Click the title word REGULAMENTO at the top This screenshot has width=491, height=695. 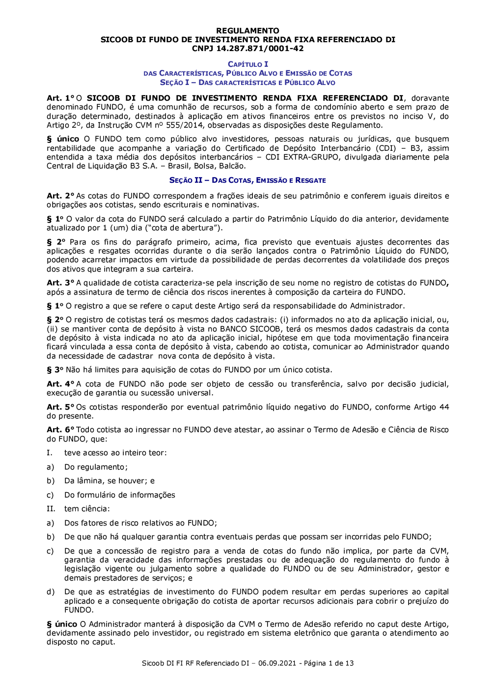click(247, 30)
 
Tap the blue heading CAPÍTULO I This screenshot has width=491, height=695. click(248, 64)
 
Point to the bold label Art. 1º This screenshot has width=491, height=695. click(60, 98)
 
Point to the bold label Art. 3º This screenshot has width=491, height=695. click(60, 283)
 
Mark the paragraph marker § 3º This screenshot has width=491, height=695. click(55, 370)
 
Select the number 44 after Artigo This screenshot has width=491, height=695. click(444, 407)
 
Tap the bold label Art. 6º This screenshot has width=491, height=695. click(60, 430)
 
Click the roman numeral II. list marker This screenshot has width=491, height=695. click(51, 509)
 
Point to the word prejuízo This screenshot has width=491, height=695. click(422, 601)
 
